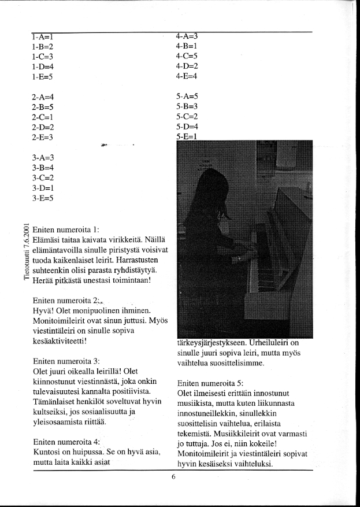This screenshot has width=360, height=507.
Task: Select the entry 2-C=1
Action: [x=43, y=116]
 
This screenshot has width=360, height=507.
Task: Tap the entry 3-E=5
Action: [x=43, y=199]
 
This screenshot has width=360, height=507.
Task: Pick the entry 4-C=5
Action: [x=187, y=56]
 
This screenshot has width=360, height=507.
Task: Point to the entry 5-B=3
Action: [x=187, y=106]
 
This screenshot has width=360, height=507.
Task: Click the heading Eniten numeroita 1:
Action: [x=67, y=230]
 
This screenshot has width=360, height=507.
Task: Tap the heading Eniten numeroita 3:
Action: [x=67, y=361]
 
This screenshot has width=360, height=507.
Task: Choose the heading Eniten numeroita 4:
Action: [x=67, y=441]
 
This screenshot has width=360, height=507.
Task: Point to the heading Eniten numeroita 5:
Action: [x=211, y=383]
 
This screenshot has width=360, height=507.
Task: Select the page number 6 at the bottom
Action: [x=173, y=477]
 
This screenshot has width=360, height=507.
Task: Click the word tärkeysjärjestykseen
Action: [x=215, y=342]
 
